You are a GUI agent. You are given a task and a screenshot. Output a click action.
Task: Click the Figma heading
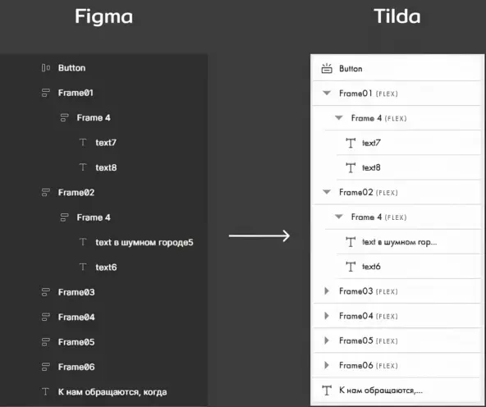(103, 17)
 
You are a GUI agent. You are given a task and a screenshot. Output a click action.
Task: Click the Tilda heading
(397, 16)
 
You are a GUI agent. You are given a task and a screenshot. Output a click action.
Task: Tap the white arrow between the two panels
(259, 236)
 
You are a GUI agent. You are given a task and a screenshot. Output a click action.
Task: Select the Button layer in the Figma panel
(71, 68)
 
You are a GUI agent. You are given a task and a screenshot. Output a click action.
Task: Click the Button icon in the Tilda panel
(327, 68)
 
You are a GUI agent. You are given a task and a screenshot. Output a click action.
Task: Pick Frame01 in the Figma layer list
(76, 93)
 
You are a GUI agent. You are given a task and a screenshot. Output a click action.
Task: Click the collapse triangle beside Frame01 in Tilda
(327, 93)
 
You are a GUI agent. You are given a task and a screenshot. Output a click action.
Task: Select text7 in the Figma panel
(106, 143)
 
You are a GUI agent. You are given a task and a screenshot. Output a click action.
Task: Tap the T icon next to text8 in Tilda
(351, 168)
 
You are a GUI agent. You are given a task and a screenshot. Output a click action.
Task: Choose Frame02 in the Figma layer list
(76, 193)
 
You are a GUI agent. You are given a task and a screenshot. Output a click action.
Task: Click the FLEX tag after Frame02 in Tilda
(387, 193)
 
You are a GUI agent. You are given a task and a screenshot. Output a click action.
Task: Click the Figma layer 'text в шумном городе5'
(144, 242)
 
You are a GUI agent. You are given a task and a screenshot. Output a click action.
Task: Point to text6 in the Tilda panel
(371, 267)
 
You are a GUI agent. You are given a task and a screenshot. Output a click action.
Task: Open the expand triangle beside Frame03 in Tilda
(327, 290)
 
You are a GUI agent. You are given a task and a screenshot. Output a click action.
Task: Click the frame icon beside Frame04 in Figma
(46, 318)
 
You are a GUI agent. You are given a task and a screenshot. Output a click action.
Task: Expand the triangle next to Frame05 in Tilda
(327, 341)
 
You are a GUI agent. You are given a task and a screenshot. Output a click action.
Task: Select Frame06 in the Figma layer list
(76, 367)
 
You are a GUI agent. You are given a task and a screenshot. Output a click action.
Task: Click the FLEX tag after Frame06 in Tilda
(387, 366)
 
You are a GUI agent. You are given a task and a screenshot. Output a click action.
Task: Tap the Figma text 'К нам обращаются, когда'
(112, 392)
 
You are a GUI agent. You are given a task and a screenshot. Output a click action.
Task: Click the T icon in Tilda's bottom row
(327, 391)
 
